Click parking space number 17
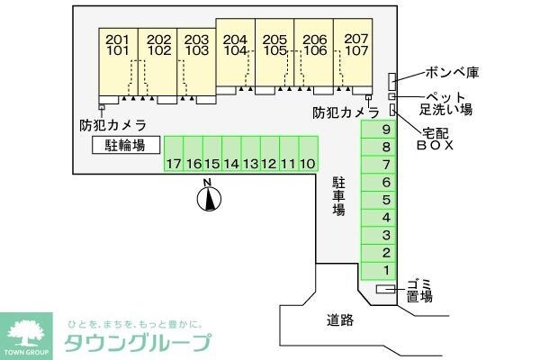click(x=174, y=154)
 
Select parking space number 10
click(x=308, y=154)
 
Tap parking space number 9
click(x=379, y=130)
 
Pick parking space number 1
click(x=379, y=271)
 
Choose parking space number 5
click(x=379, y=200)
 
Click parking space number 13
click(x=251, y=154)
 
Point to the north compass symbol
click(x=209, y=195)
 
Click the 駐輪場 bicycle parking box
click(x=126, y=145)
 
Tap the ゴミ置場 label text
click(x=419, y=291)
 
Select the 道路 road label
click(x=340, y=320)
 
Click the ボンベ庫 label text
click(x=452, y=72)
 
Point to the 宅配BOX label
click(x=435, y=139)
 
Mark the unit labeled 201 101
click(x=118, y=62)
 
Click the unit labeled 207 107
click(x=353, y=52)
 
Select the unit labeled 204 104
click(x=235, y=52)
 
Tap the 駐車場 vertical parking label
click(x=339, y=196)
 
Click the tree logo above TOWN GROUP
click(x=26, y=333)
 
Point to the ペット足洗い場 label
click(x=445, y=103)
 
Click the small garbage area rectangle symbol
click(x=386, y=289)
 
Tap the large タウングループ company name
click(x=138, y=343)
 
